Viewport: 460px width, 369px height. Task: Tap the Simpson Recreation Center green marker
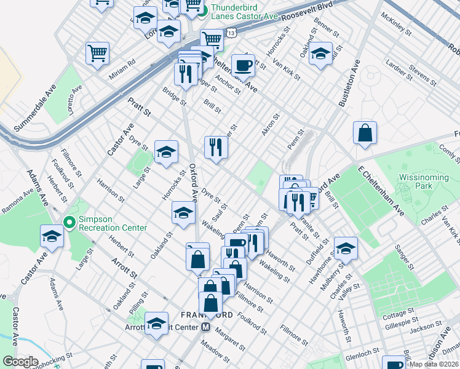[x=69, y=222]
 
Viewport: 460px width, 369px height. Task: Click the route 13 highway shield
[x=230, y=31]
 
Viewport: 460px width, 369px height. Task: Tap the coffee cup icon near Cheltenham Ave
[x=244, y=65]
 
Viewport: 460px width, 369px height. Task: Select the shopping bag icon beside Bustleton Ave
[x=365, y=133]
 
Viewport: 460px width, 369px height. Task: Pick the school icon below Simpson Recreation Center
[x=52, y=237]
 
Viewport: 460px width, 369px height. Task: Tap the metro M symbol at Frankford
[x=207, y=327]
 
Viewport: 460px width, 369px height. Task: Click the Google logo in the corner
[x=20, y=362]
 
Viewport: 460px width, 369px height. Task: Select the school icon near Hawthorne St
[x=346, y=248]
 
